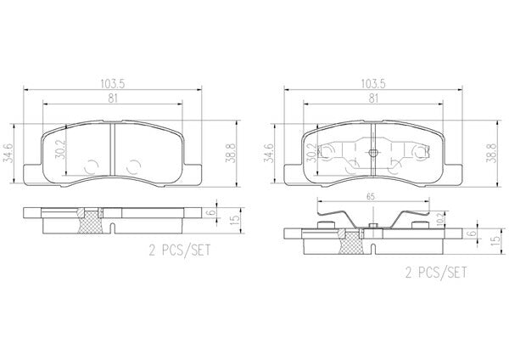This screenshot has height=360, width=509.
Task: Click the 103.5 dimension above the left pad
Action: point(113,84)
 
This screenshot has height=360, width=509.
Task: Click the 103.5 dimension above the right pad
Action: point(373,84)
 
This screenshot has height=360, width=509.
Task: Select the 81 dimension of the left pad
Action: point(113,98)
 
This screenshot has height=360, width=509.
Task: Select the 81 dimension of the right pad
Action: point(373,98)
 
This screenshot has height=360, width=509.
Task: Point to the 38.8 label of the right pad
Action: point(492,154)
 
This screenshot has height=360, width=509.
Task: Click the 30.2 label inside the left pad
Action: point(60,149)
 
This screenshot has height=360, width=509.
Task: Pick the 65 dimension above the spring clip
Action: point(371,197)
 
